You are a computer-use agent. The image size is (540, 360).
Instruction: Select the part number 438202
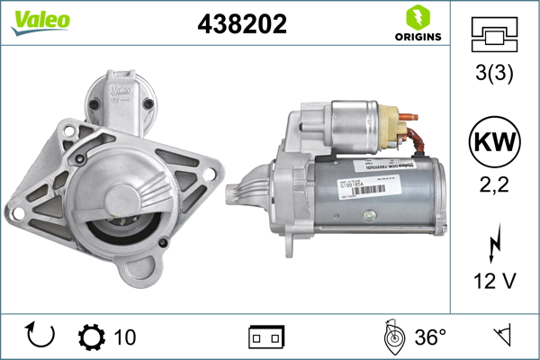tap(241, 25)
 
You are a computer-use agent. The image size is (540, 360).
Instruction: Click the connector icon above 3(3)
tap(493, 37)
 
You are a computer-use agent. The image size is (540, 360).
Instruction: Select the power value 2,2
tap(493, 188)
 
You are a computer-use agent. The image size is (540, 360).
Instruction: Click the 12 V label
tap(493, 282)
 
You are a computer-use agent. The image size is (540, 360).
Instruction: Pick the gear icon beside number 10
tap(92, 337)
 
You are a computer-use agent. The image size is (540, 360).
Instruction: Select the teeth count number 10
tap(125, 337)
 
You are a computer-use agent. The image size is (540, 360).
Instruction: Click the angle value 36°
tap(430, 337)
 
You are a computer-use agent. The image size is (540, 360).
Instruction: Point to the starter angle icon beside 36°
tap(392, 337)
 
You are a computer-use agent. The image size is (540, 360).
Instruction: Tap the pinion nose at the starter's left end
tap(241, 191)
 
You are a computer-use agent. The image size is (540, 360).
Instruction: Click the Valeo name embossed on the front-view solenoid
tap(122, 90)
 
